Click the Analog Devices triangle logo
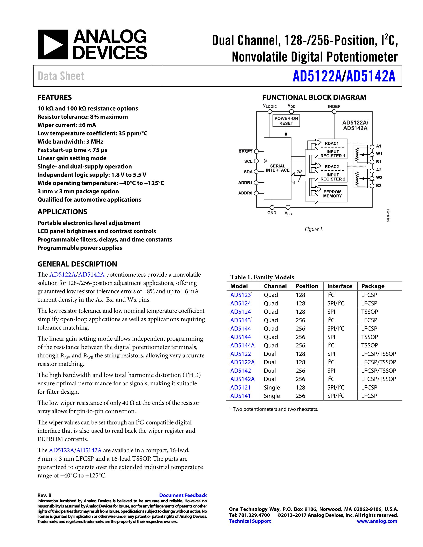[53, 45]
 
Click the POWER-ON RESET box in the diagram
[286, 121]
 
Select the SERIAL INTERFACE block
[277, 168]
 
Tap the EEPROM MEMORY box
[332, 194]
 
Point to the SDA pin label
[248, 172]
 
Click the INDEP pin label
[334, 106]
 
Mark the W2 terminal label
[379, 178]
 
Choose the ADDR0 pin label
[245, 193]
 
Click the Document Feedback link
[183, 495]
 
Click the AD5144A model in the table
[242, 345]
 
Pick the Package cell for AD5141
[369, 396]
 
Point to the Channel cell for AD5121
[272, 387]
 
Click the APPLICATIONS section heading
[62, 212]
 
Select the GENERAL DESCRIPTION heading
[77, 264]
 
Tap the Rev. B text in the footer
[44, 495]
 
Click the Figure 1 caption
[314, 229]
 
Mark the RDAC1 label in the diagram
[331, 143]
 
